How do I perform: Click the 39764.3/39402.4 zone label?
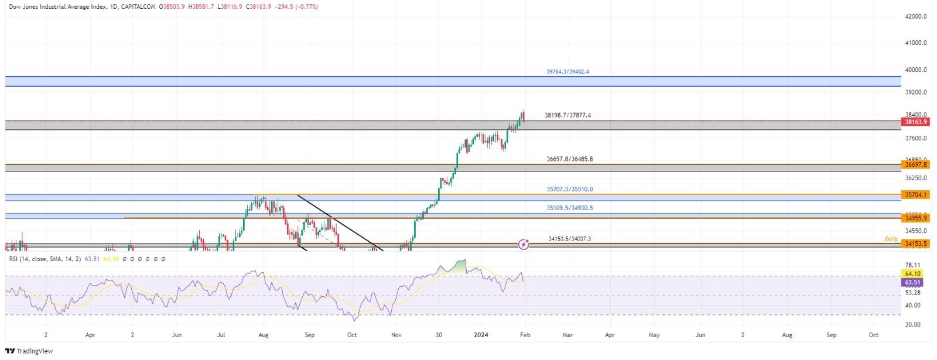click(x=567, y=71)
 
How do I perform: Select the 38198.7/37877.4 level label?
click(x=567, y=115)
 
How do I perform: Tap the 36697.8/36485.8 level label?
click(x=569, y=159)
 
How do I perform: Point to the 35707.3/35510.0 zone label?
click(x=569, y=189)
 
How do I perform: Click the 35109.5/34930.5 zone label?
click(x=569, y=208)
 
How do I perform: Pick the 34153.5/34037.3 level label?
click(x=569, y=239)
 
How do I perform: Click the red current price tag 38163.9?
click(x=915, y=122)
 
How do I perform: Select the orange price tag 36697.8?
click(x=915, y=165)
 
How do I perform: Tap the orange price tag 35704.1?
click(x=915, y=194)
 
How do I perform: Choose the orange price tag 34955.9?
click(x=915, y=218)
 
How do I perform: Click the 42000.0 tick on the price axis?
click(x=915, y=16)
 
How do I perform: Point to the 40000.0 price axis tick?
click(x=915, y=70)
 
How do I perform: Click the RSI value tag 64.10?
click(x=913, y=273)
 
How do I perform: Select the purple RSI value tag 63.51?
click(x=913, y=282)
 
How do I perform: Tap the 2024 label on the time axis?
click(x=481, y=335)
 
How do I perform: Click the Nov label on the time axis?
click(x=396, y=335)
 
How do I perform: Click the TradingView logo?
click(x=29, y=351)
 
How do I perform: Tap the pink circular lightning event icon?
click(x=524, y=244)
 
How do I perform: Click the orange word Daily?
click(x=891, y=239)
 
